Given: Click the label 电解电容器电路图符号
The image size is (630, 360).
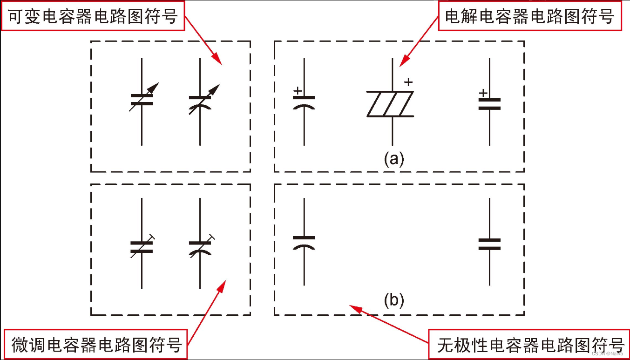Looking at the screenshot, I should pyautogui.click(x=530, y=17).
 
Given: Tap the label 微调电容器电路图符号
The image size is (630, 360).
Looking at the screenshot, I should pyautogui.click(x=96, y=345).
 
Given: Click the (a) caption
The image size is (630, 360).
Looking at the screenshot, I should pyautogui.click(x=394, y=159).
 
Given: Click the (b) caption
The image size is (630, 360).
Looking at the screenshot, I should pyautogui.click(x=394, y=300).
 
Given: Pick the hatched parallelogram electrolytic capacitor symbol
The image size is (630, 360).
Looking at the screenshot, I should pyautogui.click(x=390, y=104).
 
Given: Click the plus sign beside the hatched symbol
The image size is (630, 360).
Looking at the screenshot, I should pyautogui.click(x=408, y=82).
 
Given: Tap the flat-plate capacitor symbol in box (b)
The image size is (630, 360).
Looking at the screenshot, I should pyautogui.click(x=489, y=244).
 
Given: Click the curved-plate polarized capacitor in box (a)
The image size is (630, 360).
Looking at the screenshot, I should pyautogui.click(x=304, y=102).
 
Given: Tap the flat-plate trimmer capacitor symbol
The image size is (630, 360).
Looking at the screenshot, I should pyautogui.click(x=142, y=246).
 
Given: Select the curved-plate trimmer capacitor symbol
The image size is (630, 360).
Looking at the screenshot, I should pyautogui.click(x=201, y=246).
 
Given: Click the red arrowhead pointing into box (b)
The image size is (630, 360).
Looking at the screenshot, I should pyautogui.click(x=354, y=307).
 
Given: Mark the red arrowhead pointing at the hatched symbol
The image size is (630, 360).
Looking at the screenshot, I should pyautogui.click(x=403, y=62).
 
